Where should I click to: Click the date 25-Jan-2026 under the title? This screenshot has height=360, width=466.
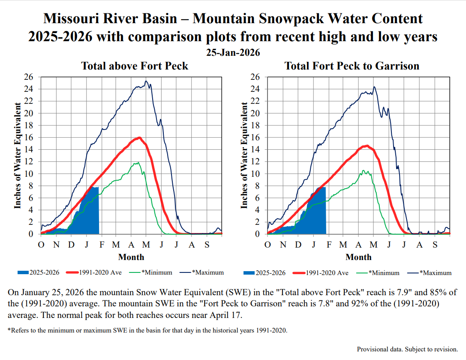coord(233,53)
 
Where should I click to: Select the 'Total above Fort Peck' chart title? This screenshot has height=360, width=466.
coord(135,66)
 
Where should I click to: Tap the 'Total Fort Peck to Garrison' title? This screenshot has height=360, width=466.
coord(352,66)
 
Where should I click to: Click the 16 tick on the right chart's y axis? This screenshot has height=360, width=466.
coord(255,138)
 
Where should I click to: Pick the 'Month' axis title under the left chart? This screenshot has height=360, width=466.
coord(131,257)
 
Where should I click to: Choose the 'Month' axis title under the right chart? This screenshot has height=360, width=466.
coord(358,257)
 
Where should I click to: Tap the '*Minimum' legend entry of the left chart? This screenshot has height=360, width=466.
coord(156,272)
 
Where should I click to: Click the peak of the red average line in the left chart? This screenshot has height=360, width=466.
coord(139,137)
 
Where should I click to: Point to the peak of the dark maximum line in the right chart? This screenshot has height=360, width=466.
coord(374,87)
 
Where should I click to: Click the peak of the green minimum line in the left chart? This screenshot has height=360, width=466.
coord(138,162)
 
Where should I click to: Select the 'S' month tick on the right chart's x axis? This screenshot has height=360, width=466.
coord(435,245)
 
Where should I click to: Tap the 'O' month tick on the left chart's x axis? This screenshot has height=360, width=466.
coord(41,245)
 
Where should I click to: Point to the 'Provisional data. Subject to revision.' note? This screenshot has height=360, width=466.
coord(408,349)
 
